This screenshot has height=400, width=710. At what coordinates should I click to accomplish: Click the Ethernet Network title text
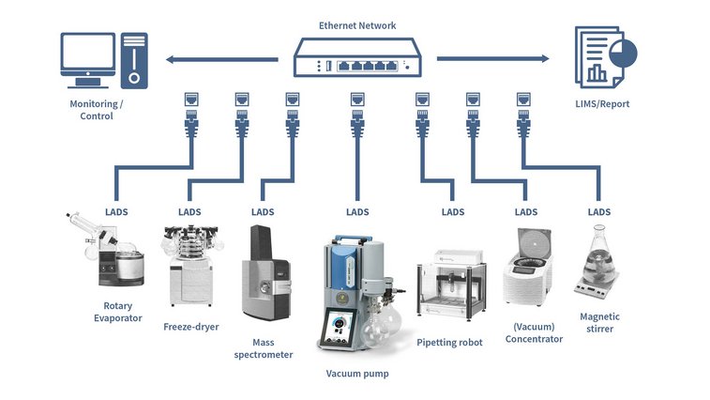[x=357, y=25]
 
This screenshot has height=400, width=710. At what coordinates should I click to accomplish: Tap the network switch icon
[x=357, y=61]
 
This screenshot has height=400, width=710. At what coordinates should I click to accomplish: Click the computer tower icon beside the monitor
[x=134, y=59]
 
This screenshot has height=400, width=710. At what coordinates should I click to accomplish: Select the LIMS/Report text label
[x=601, y=104]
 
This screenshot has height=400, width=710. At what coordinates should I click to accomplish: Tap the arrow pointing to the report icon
[x=492, y=59]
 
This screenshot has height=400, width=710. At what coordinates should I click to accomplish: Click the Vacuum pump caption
[x=356, y=374]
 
